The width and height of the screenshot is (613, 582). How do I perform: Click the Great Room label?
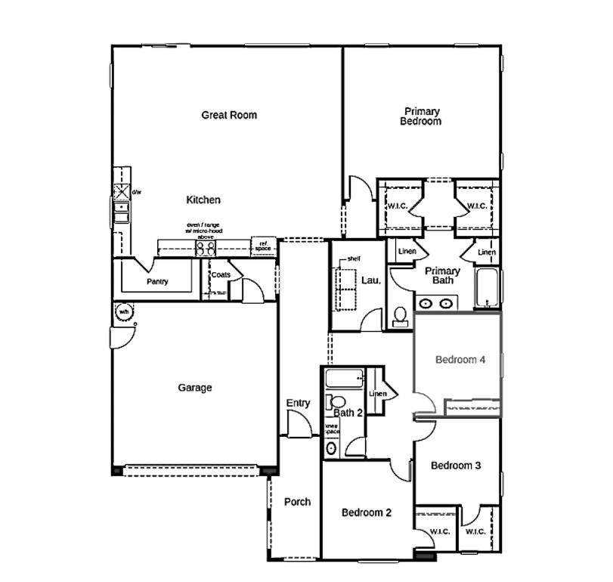[x=228, y=115]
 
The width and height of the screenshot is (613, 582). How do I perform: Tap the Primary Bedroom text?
[x=421, y=116]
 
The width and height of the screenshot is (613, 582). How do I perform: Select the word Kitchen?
[x=203, y=200]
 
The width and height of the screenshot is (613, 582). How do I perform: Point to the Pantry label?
[x=156, y=282]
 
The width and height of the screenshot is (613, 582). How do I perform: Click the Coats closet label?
[x=221, y=274]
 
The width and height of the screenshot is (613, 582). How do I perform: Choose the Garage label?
[x=194, y=388]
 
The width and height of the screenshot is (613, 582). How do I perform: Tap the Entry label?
[x=298, y=403]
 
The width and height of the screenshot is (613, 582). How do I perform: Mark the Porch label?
[x=297, y=502]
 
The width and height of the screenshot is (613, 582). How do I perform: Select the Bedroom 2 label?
[x=367, y=512]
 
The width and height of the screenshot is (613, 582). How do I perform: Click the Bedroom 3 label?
[x=456, y=466]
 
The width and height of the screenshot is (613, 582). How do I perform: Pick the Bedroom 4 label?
[x=460, y=360]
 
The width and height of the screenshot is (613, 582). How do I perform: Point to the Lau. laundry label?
[x=370, y=280]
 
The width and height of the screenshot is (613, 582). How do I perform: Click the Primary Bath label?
[x=442, y=276]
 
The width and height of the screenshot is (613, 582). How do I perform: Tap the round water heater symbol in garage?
[x=123, y=311]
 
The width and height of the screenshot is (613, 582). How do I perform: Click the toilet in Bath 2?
[x=337, y=401]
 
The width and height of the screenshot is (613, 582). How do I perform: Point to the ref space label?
[x=262, y=246]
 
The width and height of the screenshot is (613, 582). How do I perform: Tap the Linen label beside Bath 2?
[x=378, y=394]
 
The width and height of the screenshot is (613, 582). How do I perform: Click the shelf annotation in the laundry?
[x=354, y=259]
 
